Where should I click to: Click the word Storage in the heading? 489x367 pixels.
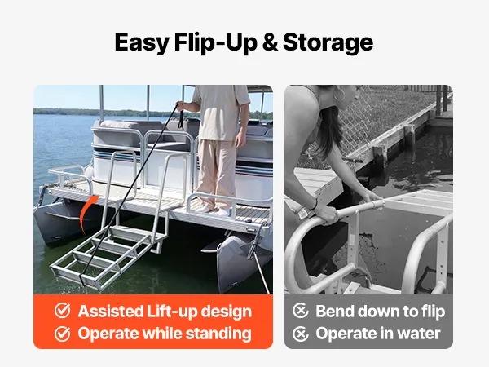point(328,43)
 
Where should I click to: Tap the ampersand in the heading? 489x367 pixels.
point(270,42)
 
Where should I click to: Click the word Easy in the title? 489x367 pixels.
point(142,43)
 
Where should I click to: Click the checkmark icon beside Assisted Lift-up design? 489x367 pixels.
point(63,311)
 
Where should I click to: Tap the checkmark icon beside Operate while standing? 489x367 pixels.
point(63,334)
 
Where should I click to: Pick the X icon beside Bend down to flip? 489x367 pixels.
point(300,311)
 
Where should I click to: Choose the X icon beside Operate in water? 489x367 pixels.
point(300,334)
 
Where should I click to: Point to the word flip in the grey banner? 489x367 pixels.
point(434,312)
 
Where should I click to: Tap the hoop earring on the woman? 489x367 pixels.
point(339,94)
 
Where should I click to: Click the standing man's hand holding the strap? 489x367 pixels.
point(181,106)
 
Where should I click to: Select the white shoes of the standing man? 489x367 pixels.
point(215,210)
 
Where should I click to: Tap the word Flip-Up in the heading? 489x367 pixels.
point(215,43)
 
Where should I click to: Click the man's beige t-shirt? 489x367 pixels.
point(221,113)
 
